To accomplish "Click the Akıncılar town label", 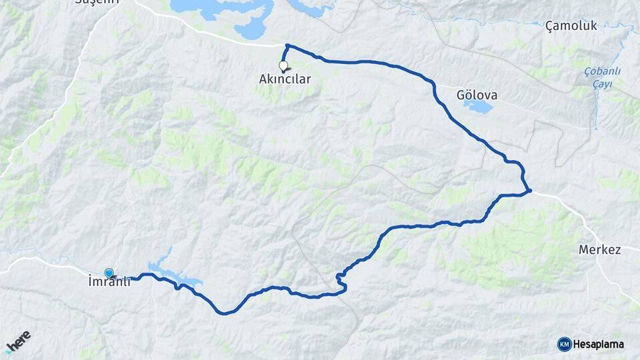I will (285, 79).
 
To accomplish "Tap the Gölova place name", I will (477, 95).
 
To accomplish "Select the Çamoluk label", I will (571, 26).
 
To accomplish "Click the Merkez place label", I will (600, 250).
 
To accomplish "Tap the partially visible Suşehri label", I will (97, 2).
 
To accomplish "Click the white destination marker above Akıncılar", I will (283, 66).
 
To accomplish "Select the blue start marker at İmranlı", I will (109, 273).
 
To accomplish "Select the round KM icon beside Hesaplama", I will (564, 344).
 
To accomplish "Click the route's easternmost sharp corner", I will (530, 191).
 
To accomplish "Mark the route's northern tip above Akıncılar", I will (287, 45).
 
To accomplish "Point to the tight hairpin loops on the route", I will (341, 282).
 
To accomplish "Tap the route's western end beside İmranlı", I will (131, 278).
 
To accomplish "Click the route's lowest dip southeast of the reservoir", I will (225, 313).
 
